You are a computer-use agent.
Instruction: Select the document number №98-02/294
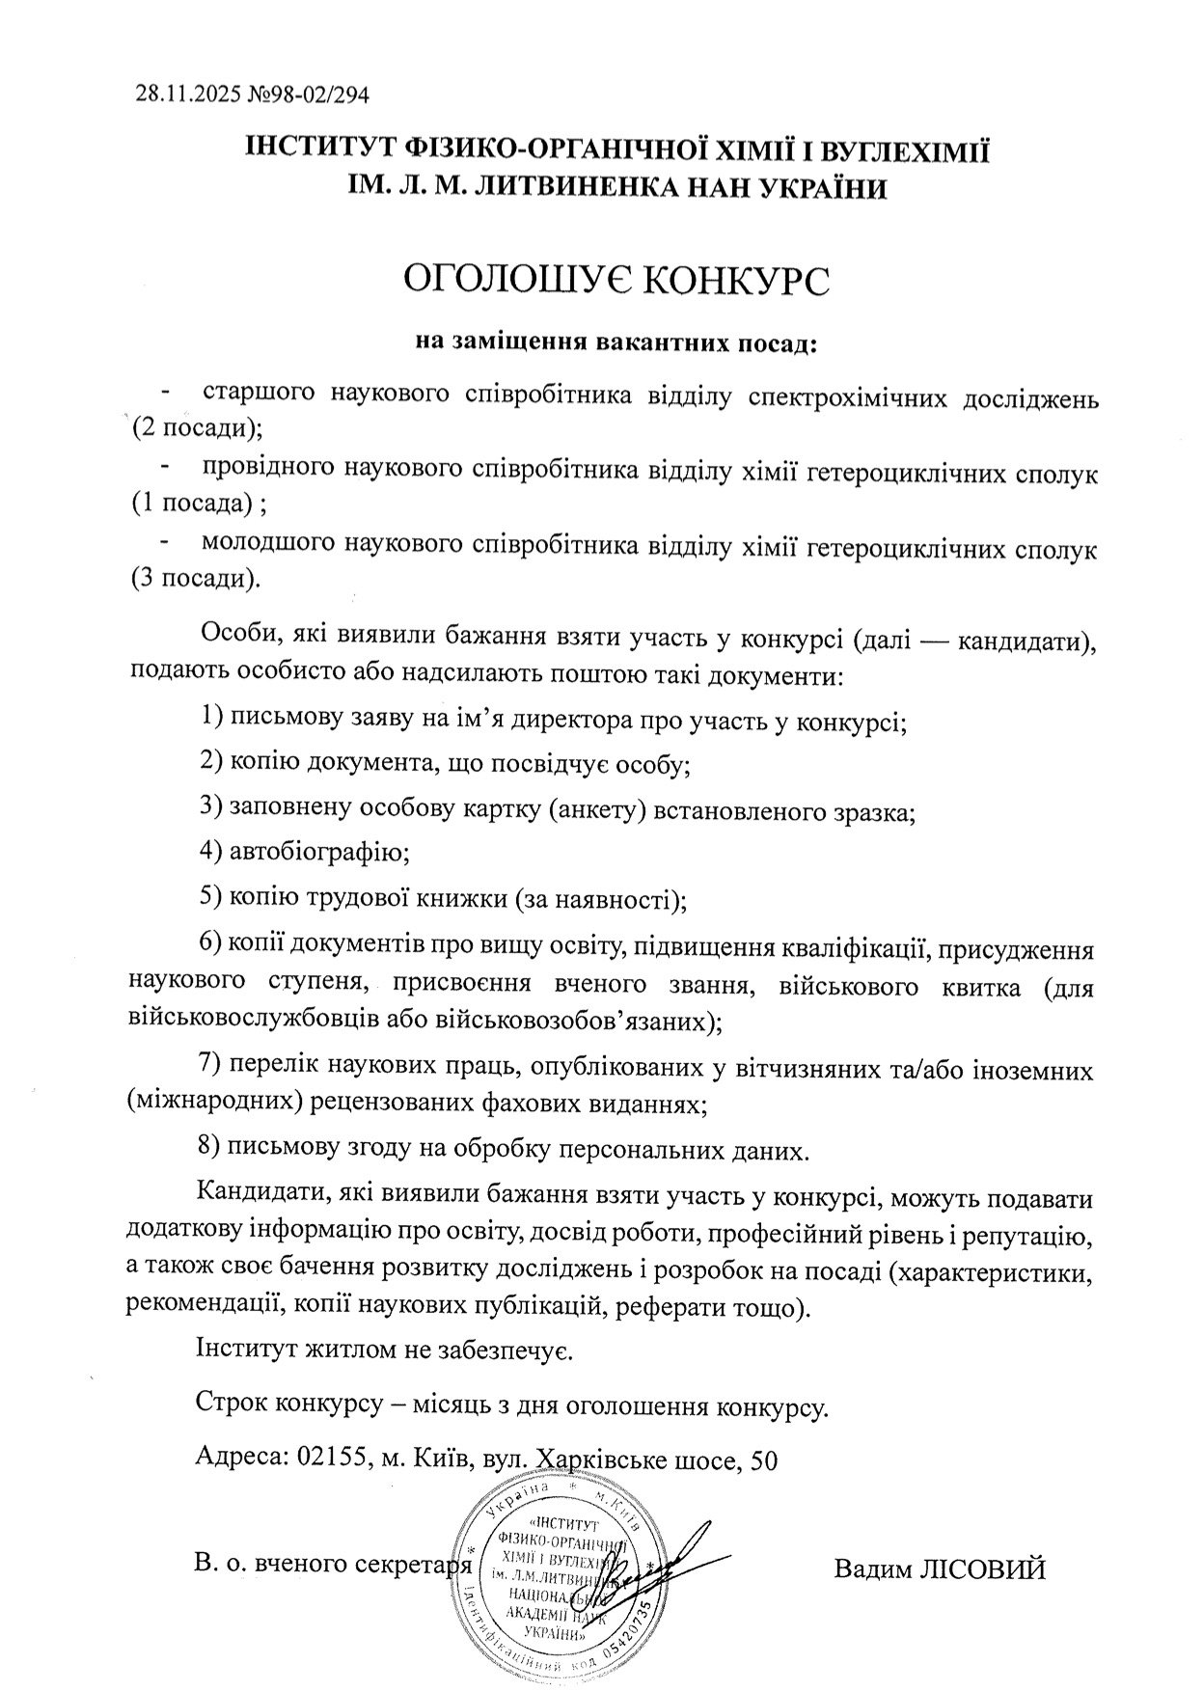(308, 95)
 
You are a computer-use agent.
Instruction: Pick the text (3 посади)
(196, 579)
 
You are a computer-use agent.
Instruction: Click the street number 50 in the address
(761, 1459)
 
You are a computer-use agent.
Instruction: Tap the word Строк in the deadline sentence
(233, 1404)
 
